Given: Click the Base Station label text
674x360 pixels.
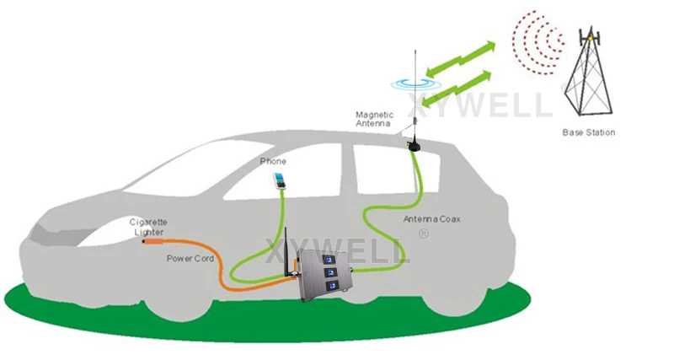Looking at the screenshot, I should click(x=589, y=132).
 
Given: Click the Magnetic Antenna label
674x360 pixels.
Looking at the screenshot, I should click(x=373, y=119).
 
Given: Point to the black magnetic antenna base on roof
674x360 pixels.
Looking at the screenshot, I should click(x=414, y=145).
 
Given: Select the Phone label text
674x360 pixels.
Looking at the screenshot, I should click(x=273, y=161).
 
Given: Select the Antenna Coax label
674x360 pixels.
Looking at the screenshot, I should click(x=431, y=219).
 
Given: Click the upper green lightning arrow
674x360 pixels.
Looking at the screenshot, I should click(x=459, y=57).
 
